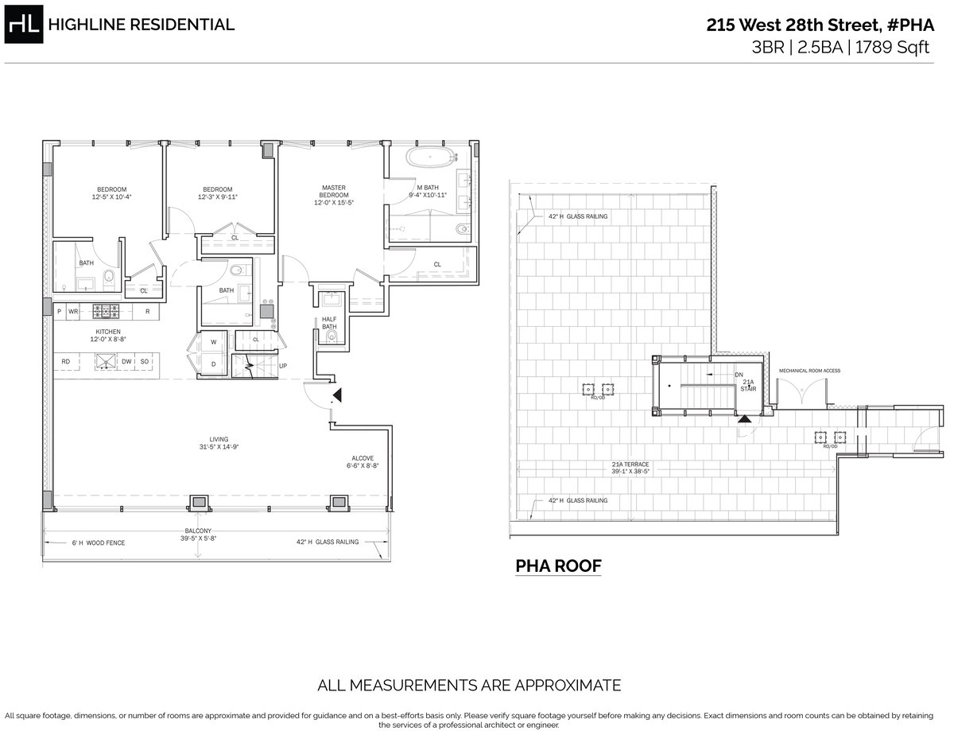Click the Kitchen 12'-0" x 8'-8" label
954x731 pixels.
[x=108, y=335]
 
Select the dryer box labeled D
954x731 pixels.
[x=214, y=364]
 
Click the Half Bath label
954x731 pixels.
[x=329, y=323]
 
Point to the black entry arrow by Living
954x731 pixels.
[x=337, y=395]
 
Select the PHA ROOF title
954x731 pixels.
[x=558, y=566]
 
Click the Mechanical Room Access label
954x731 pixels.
[x=809, y=371]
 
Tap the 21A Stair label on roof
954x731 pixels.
[x=747, y=386]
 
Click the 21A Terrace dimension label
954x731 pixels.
[x=630, y=468]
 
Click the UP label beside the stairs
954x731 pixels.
[x=282, y=367]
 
